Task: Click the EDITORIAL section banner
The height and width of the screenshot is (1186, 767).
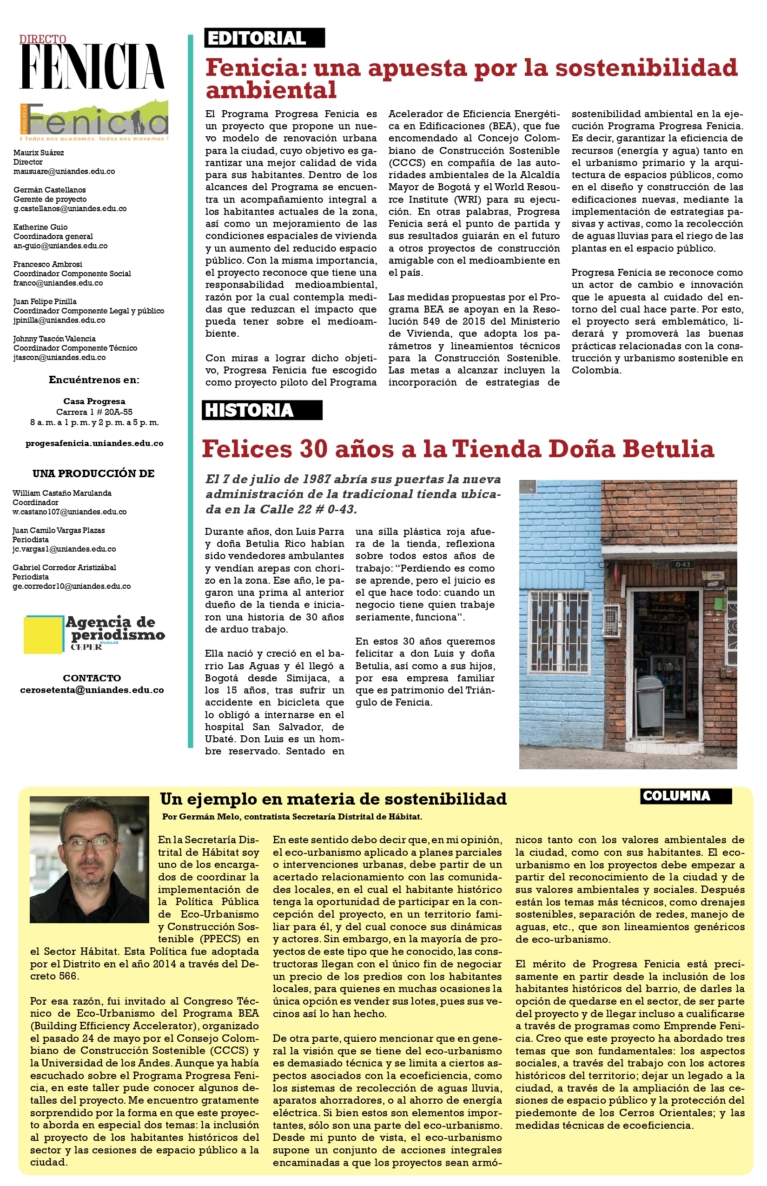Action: [264, 38]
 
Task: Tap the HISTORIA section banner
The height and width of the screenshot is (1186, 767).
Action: [261, 410]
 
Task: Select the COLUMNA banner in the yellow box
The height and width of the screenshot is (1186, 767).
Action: [685, 796]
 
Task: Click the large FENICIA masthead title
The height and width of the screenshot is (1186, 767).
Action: [92, 66]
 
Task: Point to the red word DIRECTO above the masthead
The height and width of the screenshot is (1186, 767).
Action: [43, 40]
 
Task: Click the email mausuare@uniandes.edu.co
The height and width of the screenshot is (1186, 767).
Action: [64, 172]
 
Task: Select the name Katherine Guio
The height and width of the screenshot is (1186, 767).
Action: [40, 227]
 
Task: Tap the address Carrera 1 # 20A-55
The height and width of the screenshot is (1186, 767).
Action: [94, 412]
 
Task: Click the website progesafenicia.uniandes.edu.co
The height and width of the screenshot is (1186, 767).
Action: [94, 444]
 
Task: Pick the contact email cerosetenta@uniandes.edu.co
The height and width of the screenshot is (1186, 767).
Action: [92, 690]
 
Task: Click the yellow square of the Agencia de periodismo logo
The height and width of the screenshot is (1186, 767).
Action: [43, 635]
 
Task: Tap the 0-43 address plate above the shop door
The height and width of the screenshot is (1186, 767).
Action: [683, 565]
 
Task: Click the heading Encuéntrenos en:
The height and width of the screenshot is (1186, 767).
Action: [94, 380]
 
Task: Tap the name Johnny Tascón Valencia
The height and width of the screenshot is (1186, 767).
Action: [54, 339]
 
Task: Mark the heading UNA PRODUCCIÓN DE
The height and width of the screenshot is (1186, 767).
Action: [93, 473]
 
